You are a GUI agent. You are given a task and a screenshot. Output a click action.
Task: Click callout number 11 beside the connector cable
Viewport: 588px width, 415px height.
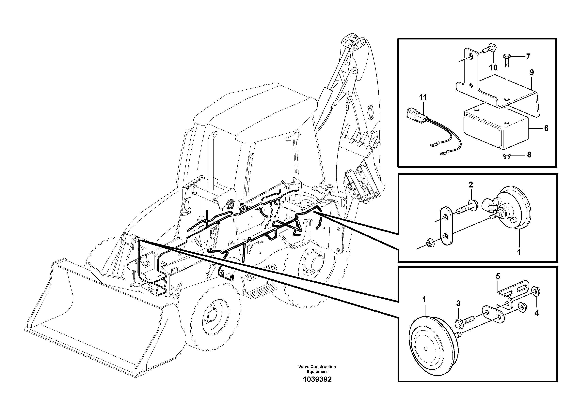coord(423,97)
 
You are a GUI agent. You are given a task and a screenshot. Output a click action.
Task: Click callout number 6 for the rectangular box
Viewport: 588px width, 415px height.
coord(546,128)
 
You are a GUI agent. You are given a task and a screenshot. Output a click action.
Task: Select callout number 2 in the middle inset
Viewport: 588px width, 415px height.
coord(471,185)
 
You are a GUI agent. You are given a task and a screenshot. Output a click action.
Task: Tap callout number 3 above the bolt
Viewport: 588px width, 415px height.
coord(458,304)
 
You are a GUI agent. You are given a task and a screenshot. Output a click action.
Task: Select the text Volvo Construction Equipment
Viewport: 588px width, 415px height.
coord(317,369)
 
